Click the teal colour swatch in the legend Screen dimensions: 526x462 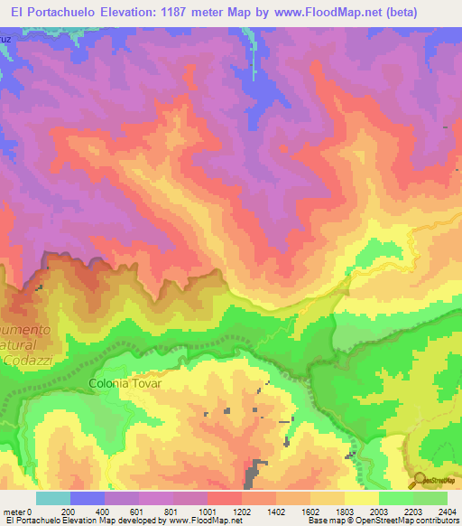click(x=53, y=498)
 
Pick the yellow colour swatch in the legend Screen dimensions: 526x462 click(x=361, y=498)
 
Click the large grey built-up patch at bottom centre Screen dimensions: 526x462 click(x=255, y=470)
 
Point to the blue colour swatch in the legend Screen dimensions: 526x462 click(x=88, y=498)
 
